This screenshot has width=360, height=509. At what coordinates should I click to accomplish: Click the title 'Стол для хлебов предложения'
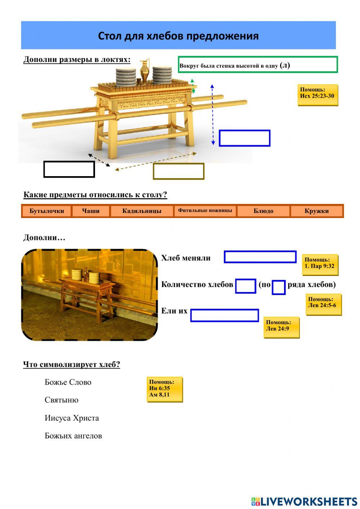[178, 36]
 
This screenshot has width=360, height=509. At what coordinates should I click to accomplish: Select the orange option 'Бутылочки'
[46, 211]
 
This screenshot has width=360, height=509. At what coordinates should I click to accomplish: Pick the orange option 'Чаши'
[91, 211]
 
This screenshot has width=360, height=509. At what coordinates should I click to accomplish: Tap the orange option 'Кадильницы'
[142, 211]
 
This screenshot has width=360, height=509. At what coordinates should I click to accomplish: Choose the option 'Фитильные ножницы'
[205, 211]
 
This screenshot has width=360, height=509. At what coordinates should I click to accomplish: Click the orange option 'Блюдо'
[264, 211]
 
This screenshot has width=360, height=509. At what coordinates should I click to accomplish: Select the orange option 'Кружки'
[316, 211]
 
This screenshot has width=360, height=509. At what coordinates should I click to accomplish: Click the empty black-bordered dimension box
[69, 169]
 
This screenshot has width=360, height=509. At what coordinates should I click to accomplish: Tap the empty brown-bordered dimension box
[179, 171]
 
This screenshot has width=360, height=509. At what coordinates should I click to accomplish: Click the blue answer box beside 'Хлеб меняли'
[260, 257]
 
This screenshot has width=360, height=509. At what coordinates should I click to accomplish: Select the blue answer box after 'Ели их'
[224, 315]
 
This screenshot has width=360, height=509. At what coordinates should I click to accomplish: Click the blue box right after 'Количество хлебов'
[246, 286]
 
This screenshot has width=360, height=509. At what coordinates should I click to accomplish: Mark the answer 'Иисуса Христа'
[72, 418]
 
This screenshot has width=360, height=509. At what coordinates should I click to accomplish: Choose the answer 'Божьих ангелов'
[73, 436]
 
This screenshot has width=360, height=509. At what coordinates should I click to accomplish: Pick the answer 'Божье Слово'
[68, 382]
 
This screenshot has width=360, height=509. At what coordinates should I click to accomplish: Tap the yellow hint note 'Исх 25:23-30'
[318, 95]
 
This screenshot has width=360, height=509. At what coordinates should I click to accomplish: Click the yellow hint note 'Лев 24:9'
[281, 327]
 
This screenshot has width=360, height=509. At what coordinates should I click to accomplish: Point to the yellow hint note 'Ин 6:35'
[165, 389]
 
